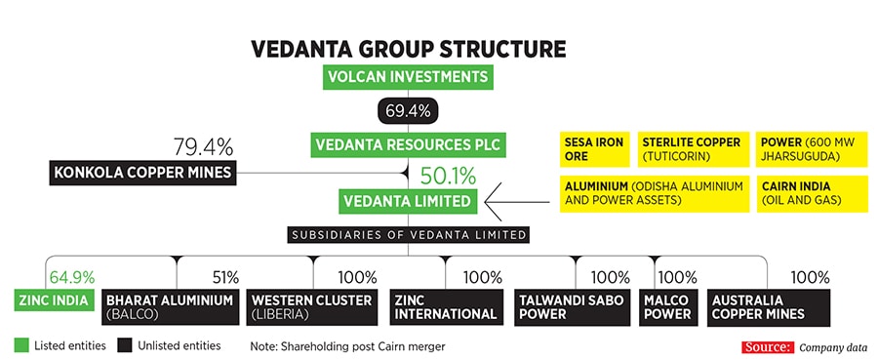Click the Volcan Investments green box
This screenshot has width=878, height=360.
(409, 78)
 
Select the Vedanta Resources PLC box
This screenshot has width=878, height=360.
(408, 145)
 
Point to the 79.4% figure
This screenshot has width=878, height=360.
(203, 147)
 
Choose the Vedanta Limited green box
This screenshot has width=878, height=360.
(408, 202)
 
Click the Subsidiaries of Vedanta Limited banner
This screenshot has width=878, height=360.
(409, 234)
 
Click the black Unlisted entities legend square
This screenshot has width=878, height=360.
(124, 345)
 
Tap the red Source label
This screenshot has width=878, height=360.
(767, 347)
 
